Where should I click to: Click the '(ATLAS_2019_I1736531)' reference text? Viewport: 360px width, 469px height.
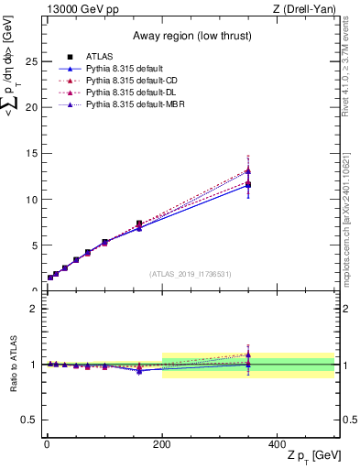tap(190, 273)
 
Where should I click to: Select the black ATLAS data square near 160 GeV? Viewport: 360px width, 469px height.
tap(139, 224)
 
